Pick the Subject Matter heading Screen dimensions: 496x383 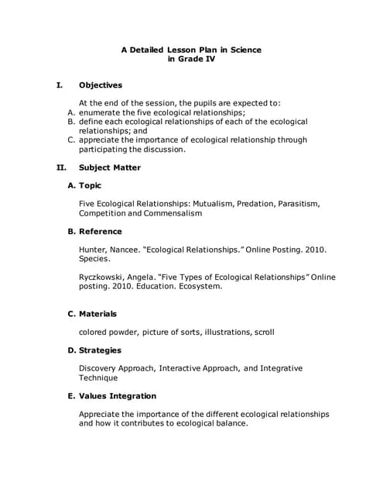point(110,167)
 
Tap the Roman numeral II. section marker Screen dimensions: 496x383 point(62,167)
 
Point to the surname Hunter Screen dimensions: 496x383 point(94,250)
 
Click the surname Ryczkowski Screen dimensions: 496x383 point(104,277)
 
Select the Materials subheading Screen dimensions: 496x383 point(98,314)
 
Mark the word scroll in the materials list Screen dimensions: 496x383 point(262,332)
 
